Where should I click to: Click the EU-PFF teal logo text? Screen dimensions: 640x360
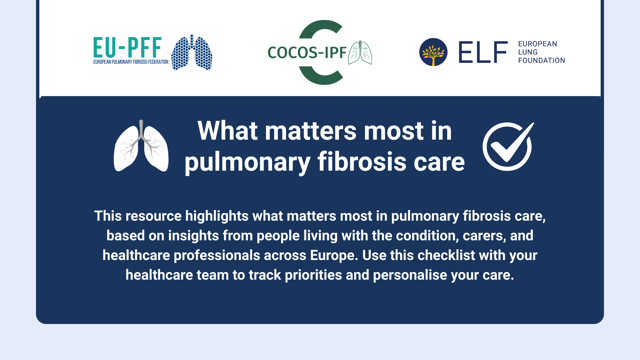[x=127, y=47]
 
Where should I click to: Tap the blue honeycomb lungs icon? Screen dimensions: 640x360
[x=192, y=52]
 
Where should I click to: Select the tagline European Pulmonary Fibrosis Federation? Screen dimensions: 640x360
[x=131, y=62]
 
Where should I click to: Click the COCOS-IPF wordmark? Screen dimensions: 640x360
[x=307, y=53]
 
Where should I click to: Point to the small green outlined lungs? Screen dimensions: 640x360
[x=360, y=53]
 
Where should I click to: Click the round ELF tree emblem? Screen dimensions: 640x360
[x=433, y=52]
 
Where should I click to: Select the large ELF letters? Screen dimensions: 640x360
[x=483, y=52]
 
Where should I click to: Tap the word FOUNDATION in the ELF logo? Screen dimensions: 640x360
[x=541, y=61]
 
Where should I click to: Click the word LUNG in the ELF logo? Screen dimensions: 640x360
[x=528, y=52]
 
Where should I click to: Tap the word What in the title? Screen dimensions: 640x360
[x=228, y=131]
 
